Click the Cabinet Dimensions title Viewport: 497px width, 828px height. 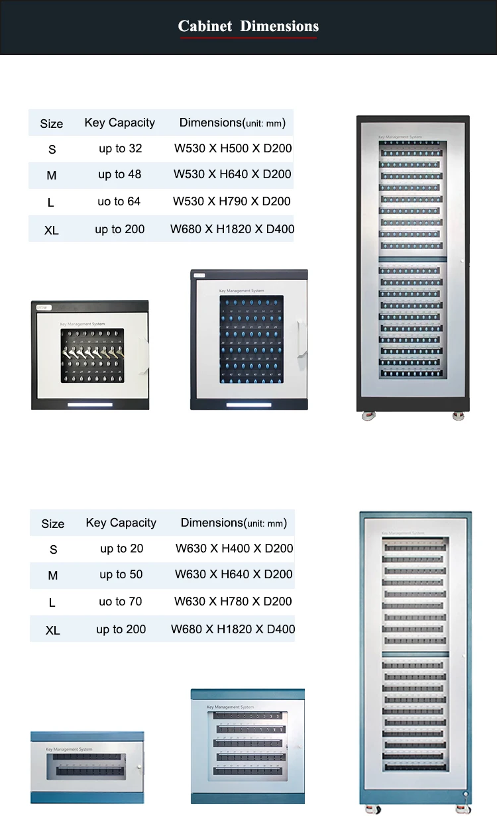click(x=248, y=26)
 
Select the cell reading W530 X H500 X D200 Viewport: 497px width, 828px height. click(x=233, y=148)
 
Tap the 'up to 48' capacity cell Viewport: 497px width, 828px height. click(x=120, y=174)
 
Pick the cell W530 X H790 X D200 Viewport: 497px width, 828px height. click(x=232, y=201)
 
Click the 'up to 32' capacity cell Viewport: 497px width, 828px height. click(x=121, y=148)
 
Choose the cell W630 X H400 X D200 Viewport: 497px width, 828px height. click(x=234, y=548)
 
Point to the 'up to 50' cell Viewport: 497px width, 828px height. click(x=121, y=574)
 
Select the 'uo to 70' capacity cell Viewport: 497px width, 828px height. click(x=121, y=601)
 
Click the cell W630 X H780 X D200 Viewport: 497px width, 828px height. click(x=233, y=601)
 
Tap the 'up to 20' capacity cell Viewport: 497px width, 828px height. click(x=122, y=548)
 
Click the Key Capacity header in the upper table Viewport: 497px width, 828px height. click(x=120, y=123)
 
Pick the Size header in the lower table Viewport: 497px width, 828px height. click(x=53, y=524)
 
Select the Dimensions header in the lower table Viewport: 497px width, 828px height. click(x=233, y=523)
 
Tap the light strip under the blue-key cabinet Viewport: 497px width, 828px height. click(x=248, y=404)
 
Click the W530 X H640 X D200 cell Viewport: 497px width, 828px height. click(x=233, y=174)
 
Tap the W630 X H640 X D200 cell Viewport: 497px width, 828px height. click(x=234, y=574)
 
